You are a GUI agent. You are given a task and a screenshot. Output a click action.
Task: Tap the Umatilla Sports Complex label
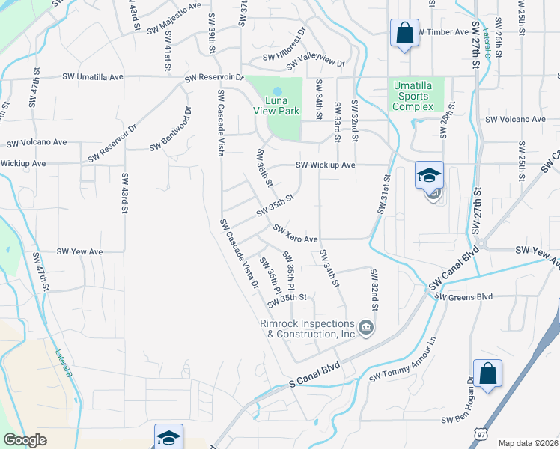(414, 96)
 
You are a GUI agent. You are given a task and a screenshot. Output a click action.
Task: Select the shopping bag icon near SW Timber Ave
(404, 34)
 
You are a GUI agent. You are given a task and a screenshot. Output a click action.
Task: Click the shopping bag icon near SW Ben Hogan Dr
(487, 373)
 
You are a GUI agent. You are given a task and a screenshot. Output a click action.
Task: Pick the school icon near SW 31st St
(429, 176)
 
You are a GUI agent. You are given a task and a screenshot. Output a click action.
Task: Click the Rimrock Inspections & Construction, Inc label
(306, 329)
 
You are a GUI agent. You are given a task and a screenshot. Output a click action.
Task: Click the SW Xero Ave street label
(296, 233)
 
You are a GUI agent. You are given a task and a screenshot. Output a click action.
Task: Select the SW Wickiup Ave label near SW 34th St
(325, 165)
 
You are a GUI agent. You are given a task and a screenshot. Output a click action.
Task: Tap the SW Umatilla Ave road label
(94, 77)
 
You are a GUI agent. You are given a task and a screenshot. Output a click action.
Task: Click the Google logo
(25, 440)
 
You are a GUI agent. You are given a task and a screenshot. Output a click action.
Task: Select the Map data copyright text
(528, 443)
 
